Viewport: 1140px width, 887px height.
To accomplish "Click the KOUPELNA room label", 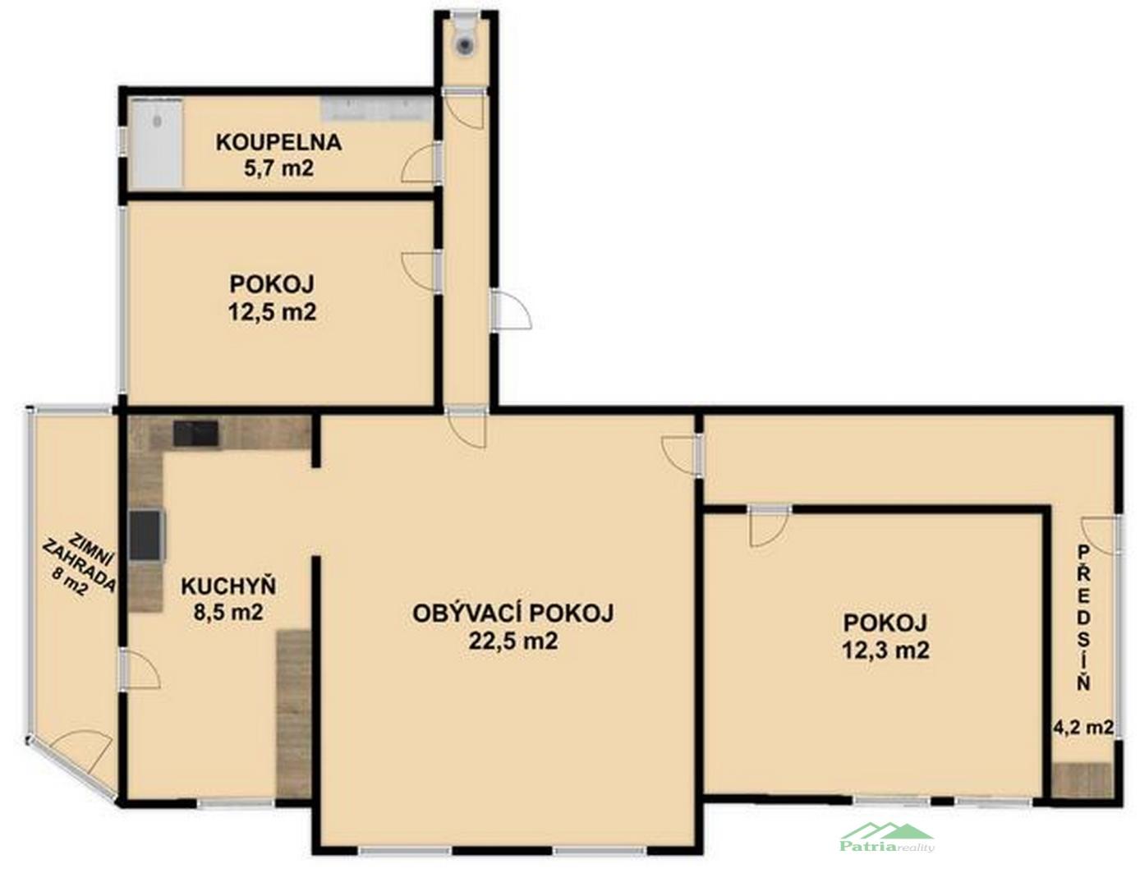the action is pos(278,143).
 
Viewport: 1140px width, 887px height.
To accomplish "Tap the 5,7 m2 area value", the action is pos(278,169).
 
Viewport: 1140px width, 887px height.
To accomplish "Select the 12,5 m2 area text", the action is pos(272,313).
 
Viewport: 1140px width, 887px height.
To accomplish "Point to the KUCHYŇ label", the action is pos(228,586).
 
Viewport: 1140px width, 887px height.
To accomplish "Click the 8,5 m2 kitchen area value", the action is pos(228,612).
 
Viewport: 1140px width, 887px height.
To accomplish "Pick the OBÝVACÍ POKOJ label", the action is pos(513,614).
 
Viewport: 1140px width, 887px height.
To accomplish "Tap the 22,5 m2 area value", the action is pos(513,641).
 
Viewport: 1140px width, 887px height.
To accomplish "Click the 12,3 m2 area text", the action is pos(885,650).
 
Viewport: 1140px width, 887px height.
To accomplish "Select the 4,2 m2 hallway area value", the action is pos(1083,727).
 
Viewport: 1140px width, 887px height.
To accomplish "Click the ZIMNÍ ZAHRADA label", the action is pos(79,564).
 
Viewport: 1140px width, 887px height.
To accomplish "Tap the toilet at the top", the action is pos(464,37).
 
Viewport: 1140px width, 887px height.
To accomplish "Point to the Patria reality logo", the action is pos(887,838).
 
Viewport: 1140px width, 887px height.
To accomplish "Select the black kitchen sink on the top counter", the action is pos(196,434).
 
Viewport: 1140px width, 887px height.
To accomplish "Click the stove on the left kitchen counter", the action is pos(146,535).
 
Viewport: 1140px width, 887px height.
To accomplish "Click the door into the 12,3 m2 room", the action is pos(769,526).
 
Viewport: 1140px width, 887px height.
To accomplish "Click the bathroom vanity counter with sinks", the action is pos(378,109).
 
